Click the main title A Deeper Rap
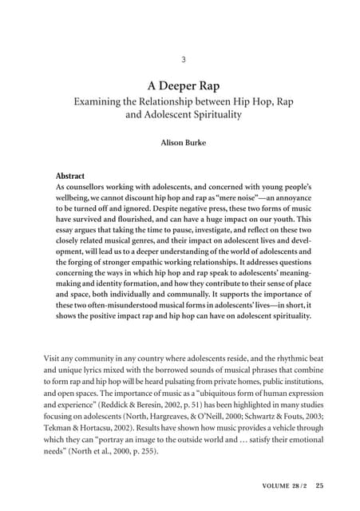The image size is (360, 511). [x=183, y=85]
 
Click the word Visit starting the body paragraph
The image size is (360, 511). [x=54, y=359]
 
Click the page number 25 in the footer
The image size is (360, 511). [x=319, y=485]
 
